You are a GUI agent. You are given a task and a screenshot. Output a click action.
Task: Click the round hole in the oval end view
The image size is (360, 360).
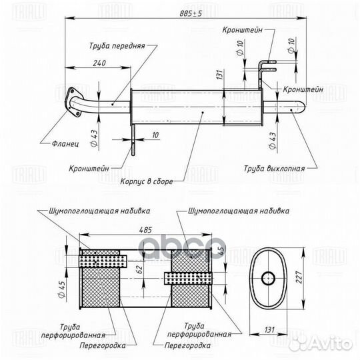click(x=268, y=277)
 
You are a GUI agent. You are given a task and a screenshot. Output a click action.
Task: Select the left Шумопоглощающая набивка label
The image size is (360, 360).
click(x=99, y=210)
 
